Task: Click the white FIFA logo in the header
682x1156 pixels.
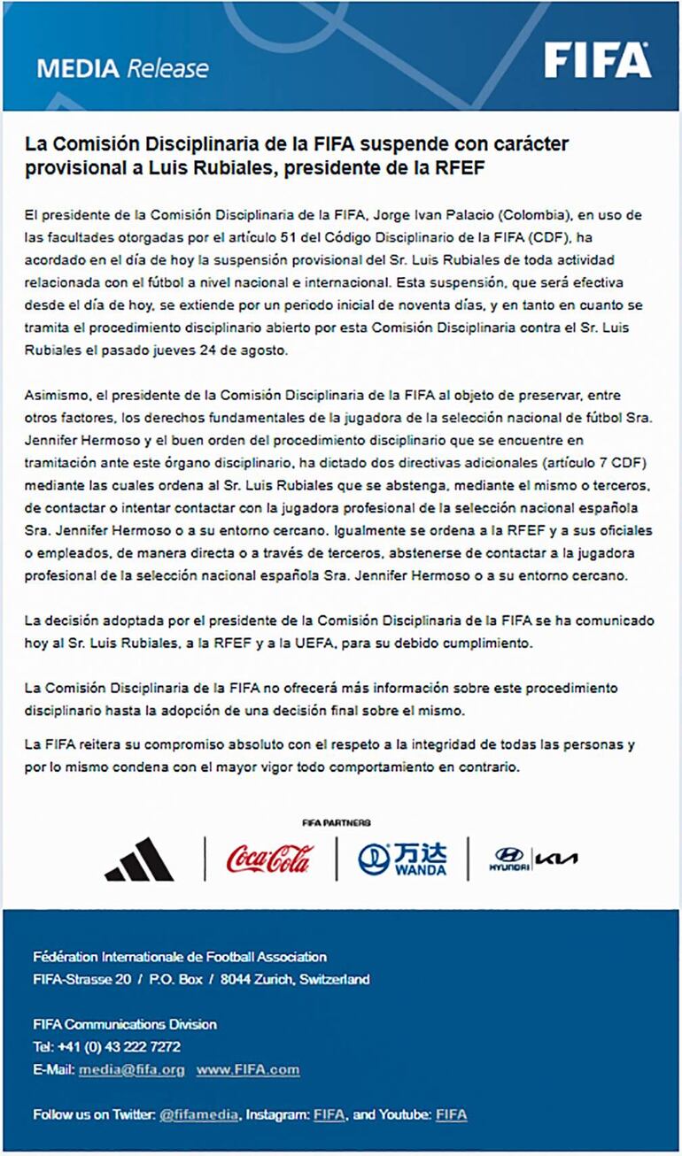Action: coord(597,60)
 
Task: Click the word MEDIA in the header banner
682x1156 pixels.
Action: coord(78,68)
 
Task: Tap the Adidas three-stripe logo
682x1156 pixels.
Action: coord(139,859)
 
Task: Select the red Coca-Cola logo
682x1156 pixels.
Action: coord(270,858)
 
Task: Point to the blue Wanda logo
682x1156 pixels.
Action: coord(402,859)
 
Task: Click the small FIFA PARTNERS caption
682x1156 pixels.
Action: coord(336,822)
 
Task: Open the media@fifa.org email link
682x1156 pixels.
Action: coord(131,1069)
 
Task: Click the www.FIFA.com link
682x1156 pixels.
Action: coord(248,1069)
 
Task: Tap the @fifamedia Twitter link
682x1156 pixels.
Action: coord(198,1114)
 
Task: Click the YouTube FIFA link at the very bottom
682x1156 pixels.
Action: coord(451,1114)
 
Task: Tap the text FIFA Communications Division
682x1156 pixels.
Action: coord(125,1024)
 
